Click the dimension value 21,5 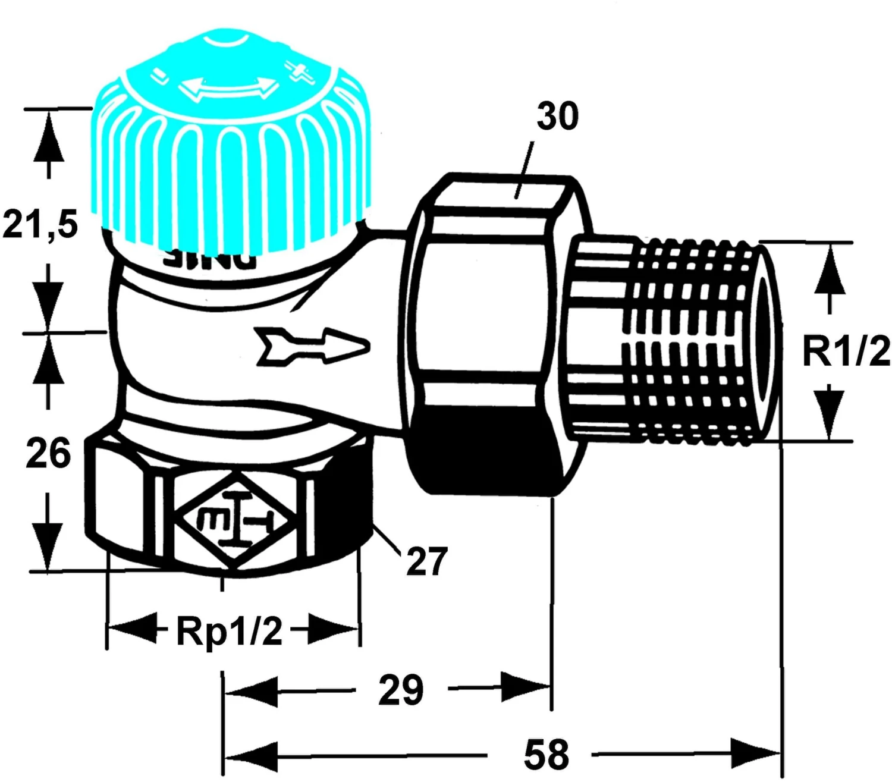[x=40, y=225]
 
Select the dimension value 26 [x=48, y=453]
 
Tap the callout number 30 [x=557, y=117]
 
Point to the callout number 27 [x=426, y=561]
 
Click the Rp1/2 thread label [x=229, y=631]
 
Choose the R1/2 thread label [x=846, y=351]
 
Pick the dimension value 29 [x=401, y=690]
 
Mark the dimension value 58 [x=546, y=754]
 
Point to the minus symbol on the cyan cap [x=159, y=75]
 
